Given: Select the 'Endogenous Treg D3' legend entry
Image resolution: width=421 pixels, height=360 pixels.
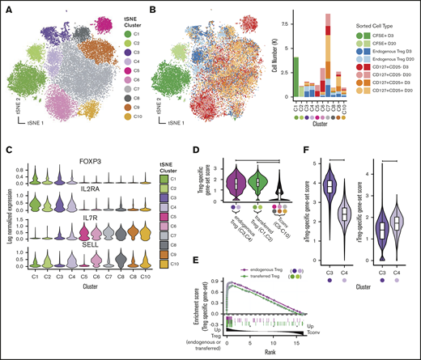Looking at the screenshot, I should (384, 52).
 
